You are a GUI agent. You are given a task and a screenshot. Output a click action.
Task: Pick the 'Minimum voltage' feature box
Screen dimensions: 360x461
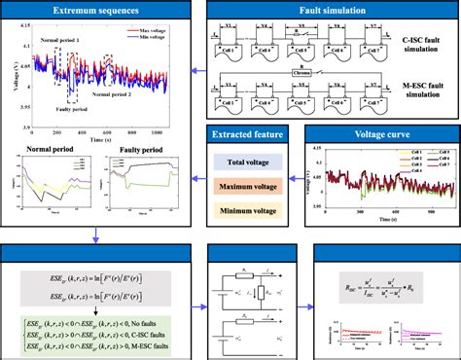pos(247,208)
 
